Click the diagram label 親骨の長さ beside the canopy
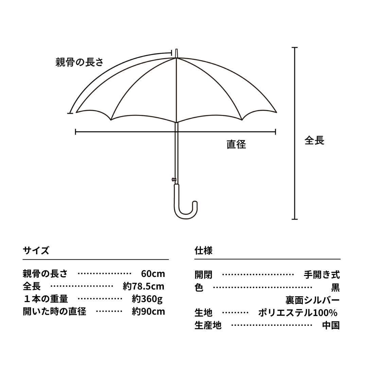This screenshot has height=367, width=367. (79, 62)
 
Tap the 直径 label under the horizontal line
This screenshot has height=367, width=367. (236, 144)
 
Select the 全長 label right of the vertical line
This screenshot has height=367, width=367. (314, 140)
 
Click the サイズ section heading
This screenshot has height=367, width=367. (36, 250)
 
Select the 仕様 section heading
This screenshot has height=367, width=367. (204, 250)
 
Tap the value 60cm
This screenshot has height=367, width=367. (153, 274)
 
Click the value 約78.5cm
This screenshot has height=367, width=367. (143, 286)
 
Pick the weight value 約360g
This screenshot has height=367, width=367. (147, 299)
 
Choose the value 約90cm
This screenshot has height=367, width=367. (148, 312)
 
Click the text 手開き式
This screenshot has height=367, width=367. (321, 275)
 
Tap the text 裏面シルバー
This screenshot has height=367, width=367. (312, 300)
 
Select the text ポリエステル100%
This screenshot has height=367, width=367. (298, 313)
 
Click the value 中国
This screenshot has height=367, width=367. (331, 325)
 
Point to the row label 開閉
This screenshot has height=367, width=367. (203, 275)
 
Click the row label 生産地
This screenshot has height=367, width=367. (208, 325)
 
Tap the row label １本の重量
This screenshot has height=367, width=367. (46, 299)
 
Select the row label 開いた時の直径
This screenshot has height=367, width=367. (54, 312)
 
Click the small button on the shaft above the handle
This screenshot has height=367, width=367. (174, 179)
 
